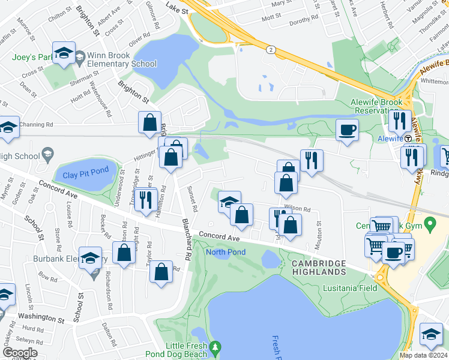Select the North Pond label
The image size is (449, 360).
tap(226, 252)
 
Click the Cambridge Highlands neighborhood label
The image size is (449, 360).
tap(319, 268)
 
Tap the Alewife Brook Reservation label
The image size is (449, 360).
tap(376, 106)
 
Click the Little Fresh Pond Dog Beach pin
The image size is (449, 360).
tap(216, 347)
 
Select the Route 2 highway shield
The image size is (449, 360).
tap(272, 50)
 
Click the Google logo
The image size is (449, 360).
tap(20, 353)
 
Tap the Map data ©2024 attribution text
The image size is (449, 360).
tap(423, 355)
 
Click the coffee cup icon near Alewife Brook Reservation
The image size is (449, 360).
tap(348, 129)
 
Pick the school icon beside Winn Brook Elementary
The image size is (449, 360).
tap(64, 53)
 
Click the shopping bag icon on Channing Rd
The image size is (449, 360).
tap(149, 122)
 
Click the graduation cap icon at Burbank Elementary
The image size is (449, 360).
tap(90, 257)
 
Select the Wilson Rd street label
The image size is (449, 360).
tap(297, 209)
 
